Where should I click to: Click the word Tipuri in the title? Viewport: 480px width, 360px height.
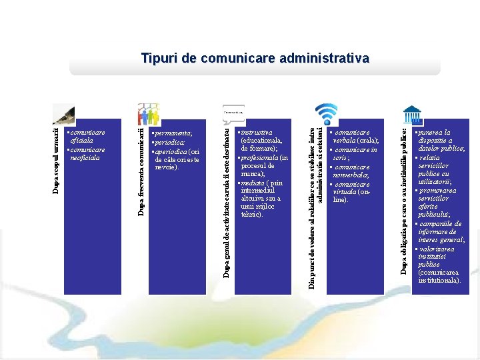(158, 59)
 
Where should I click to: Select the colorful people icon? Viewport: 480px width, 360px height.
(147, 114)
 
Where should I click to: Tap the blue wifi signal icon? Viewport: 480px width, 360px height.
(326, 113)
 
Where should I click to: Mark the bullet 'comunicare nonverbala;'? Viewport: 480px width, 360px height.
(353, 171)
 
